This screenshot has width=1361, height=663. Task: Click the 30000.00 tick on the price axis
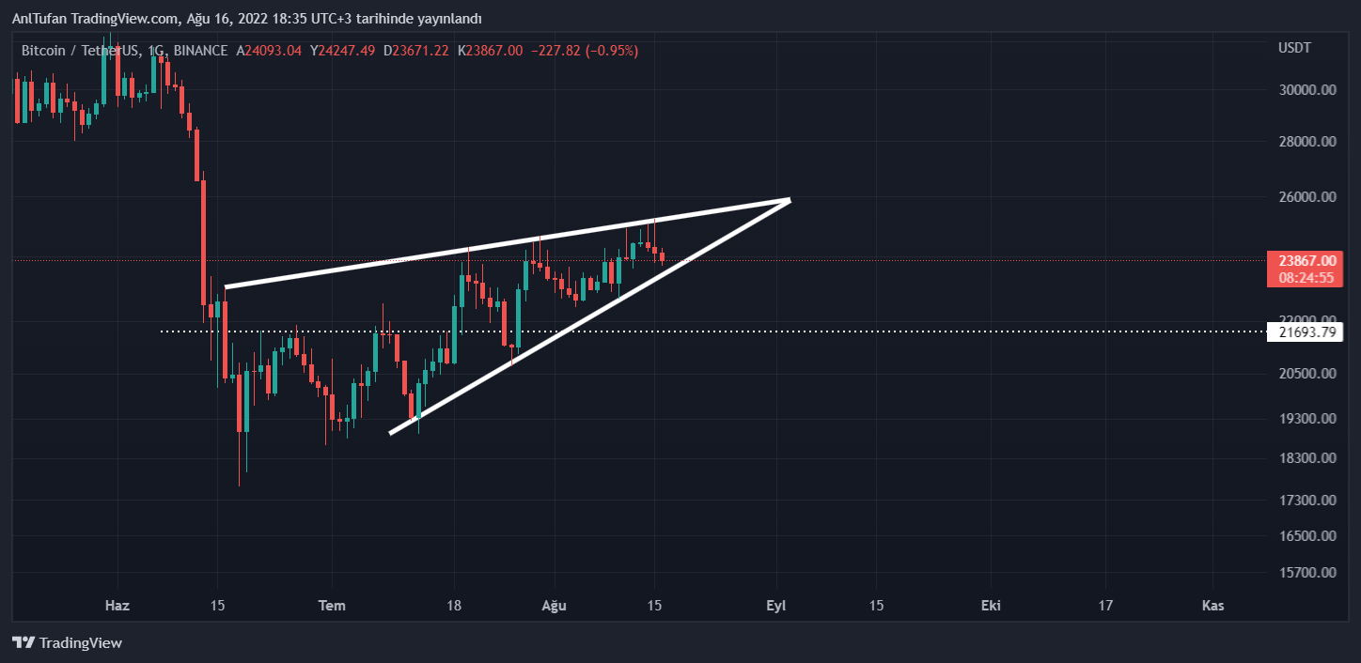tap(1307, 90)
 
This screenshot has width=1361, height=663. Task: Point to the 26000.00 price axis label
tap(1307, 197)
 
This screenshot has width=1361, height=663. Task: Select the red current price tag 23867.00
tap(1306, 260)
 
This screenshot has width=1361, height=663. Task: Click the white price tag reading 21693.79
tap(1306, 331)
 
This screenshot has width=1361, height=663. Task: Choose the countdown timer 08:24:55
tap(1306, 278)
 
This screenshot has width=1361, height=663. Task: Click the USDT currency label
tap(1294, 47)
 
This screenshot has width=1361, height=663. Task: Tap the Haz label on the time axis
tap(117, 606)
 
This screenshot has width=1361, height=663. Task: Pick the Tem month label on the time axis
tap(332, 606)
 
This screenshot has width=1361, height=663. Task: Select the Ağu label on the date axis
tap(555, 606)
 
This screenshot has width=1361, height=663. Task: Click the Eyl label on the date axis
tap(775, 606)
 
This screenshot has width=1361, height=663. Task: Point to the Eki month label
tap(990, 606)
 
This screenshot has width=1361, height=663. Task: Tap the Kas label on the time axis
tap(1212, 606)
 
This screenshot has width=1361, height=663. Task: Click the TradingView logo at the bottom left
tap(67, 643)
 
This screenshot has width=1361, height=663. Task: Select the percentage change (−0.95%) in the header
tap(611, 51)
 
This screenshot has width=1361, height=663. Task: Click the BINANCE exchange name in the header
tap(200, 51)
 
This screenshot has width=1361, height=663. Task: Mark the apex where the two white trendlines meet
tap(790, 199)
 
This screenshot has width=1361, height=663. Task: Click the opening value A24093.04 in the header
tap(269, 51)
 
